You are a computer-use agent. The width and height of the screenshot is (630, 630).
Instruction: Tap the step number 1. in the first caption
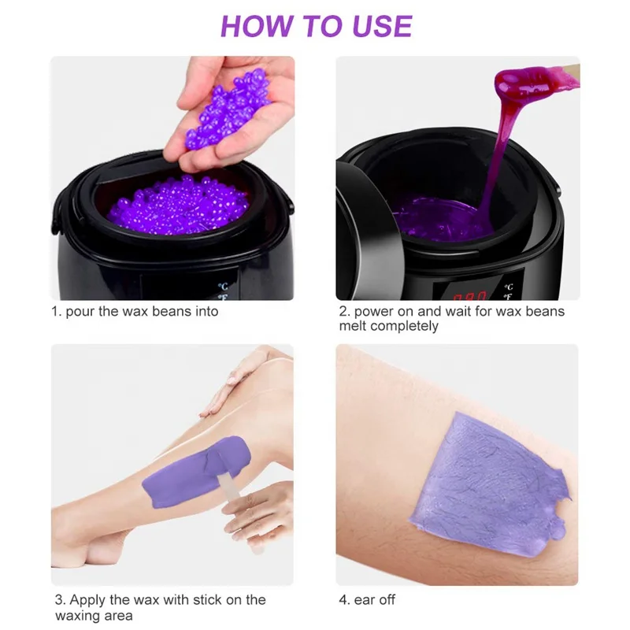coord(57,312)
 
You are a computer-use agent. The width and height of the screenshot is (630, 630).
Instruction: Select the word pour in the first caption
coord(80,312)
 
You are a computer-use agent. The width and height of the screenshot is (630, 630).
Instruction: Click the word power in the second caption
coord(374,312)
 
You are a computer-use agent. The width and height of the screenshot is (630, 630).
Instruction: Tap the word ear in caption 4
coord(365,600)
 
